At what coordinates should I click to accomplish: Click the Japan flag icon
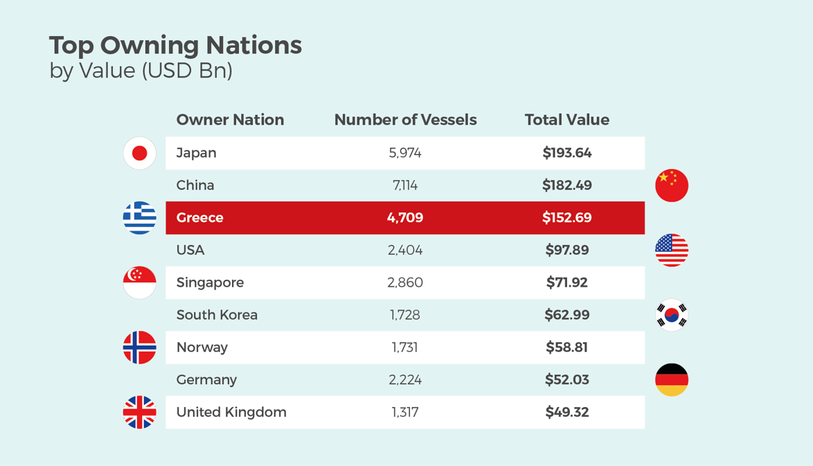(139, 153)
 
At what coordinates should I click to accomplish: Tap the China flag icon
(672, 186)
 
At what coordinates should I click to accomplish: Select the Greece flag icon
(139, 218)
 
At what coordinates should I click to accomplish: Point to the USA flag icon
(672, 250)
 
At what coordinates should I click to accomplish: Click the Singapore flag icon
(139, 283)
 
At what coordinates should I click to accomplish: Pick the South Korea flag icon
(672, 315)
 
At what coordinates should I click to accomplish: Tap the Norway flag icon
(139, 348)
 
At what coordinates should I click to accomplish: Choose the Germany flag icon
(672, 379)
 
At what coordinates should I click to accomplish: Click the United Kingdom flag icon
(139, 413)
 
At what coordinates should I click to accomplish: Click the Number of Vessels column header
(405, 120)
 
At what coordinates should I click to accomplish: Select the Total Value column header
(566, 120)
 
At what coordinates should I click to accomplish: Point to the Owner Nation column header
(230, 120)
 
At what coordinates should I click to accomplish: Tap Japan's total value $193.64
(566, 153)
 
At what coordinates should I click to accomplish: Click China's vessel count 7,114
(405, 186)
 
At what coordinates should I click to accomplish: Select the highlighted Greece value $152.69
(566, 218)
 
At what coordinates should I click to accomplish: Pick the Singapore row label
(210, 283)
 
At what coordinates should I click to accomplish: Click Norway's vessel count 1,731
(405, 348)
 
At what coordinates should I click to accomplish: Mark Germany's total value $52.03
(566, 379)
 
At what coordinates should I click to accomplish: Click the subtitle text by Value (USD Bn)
(141, 71)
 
